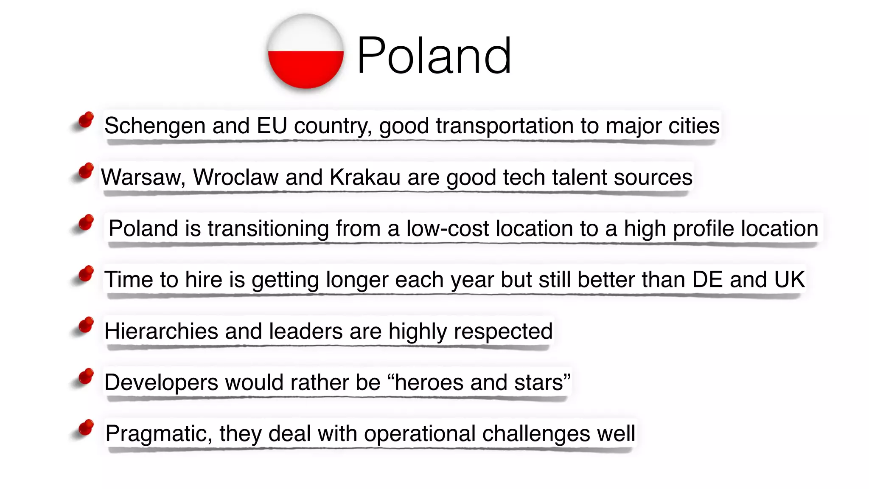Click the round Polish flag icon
click(x=306, y=51)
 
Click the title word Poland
click(x=434, y=56)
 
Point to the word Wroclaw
click(x=236, y=177)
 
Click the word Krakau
click(x=365, y=177)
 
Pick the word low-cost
click(x=448, y=228)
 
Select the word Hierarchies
click(x=161, y=331)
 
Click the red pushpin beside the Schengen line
click(x=86, y=120)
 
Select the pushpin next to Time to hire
click(x=86, y=274)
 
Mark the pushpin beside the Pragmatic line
click(x=86, y=428)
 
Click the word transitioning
click(x=268, y=228)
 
